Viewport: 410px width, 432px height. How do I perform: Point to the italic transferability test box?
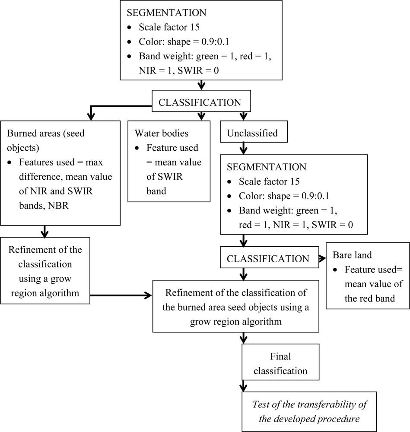(309, 411)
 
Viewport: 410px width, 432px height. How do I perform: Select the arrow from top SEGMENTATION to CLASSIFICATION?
(200, 85)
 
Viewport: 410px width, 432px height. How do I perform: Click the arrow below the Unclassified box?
(243, 149)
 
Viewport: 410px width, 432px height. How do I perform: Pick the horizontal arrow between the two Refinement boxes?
(121, 295)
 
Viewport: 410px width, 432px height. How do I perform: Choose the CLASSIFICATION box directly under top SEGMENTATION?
(200, 103)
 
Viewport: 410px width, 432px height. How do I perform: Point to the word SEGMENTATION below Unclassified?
(267, 166)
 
